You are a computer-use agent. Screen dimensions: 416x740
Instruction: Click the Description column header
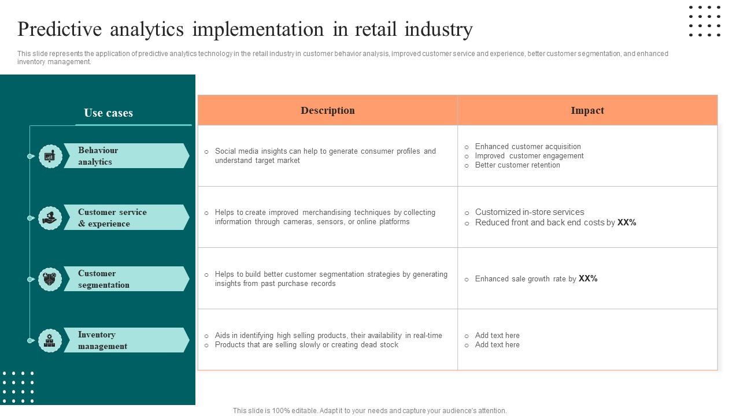[x=327, y=110]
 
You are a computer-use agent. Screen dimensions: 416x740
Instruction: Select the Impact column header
[x=587, y=110]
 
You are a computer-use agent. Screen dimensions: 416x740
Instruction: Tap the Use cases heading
[x=108, y=113]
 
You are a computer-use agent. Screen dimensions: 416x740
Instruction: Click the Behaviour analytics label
[x=98, y=156]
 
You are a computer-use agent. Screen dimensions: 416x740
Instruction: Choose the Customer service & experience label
[x=112, y=218]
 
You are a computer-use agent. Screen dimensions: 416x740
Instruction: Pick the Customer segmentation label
[x=103, y=279]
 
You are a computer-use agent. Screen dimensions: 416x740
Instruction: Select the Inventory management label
[x=102, y=340]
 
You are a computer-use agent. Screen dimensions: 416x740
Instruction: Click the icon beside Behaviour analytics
[x=50, y=156]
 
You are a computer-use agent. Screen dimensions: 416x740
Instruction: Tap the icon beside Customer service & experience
[x=50, y=218]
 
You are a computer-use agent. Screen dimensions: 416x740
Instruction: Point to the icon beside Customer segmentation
[x=50, y=279]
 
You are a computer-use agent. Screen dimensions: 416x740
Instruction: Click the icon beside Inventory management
[x=50, y=340]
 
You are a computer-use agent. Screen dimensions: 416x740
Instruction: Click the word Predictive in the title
[x=59, y=29]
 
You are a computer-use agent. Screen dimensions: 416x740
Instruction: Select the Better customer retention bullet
[x=517, y=165]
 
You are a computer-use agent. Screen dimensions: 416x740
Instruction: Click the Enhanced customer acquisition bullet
[x=527, y=147]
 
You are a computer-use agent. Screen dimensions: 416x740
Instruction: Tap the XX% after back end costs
[x=627, y=222]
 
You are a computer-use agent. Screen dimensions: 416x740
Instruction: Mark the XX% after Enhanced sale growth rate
[x=588, y=278]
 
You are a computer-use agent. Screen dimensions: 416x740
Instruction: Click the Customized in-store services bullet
[x=529, y=212]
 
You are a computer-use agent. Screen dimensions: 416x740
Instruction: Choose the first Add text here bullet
[x=497, y=336]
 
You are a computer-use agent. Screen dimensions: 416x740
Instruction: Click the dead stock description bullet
[x=306, y=345]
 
